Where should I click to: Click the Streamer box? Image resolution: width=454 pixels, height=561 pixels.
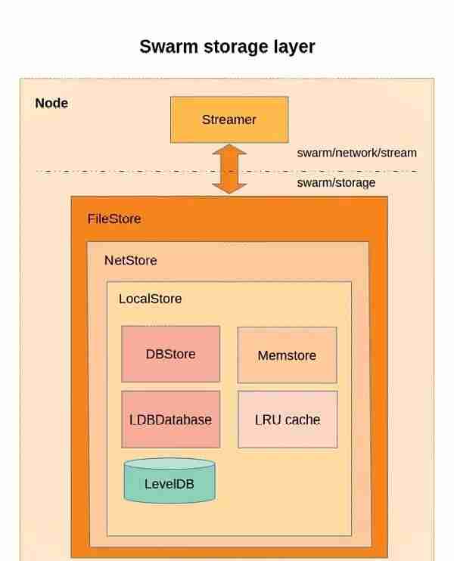pos(229,120)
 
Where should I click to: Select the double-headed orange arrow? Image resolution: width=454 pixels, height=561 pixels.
pos(229,169)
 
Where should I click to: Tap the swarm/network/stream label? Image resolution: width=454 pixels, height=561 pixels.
pos(356,153)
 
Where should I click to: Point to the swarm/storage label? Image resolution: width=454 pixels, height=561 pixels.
pos(336,183)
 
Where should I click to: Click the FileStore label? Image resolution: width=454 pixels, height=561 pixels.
pos(114,219)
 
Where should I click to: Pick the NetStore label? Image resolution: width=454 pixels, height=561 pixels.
pos(131,260)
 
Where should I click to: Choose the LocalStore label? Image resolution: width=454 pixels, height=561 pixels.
pos(150,299)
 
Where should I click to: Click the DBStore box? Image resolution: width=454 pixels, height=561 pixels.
pos(170,354)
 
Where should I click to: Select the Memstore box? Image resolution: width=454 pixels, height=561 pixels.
pos(287,355)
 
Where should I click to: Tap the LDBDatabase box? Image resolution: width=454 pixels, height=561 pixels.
pos(170,420)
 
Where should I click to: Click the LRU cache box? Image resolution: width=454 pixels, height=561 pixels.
pos(288,420)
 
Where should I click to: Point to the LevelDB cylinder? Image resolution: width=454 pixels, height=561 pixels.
pos(169,481)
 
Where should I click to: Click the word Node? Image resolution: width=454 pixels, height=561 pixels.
pos(51,103)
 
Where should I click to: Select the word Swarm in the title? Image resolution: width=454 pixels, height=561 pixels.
pos(169,47)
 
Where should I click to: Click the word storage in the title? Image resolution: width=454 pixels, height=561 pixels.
pos(236,48)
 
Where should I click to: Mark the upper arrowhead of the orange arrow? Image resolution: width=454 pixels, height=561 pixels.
pos(229,150)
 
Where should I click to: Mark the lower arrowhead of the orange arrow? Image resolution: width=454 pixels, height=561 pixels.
pos(229,188)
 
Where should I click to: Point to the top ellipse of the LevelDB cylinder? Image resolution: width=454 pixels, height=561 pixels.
pos(169,463)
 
